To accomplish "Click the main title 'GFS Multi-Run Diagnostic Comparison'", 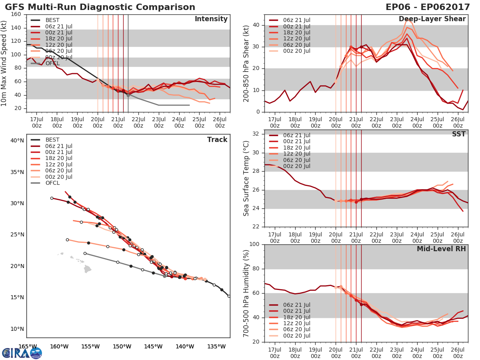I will point(100,7).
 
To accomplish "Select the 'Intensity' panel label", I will point(211,19).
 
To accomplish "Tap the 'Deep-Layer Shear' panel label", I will point(432,19).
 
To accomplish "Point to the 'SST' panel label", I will point(458,134).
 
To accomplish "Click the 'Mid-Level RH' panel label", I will point(441,249).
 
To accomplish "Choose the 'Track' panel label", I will point(217,140).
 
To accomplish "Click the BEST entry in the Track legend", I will point(52,140).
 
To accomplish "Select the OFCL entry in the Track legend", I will point(52,183).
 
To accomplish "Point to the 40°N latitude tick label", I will point(17,140).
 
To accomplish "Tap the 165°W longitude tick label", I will point(28,346).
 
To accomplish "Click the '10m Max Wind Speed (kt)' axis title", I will point(5,64).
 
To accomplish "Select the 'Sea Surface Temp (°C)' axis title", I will point(246,178).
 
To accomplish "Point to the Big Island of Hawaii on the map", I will point(88,269).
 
